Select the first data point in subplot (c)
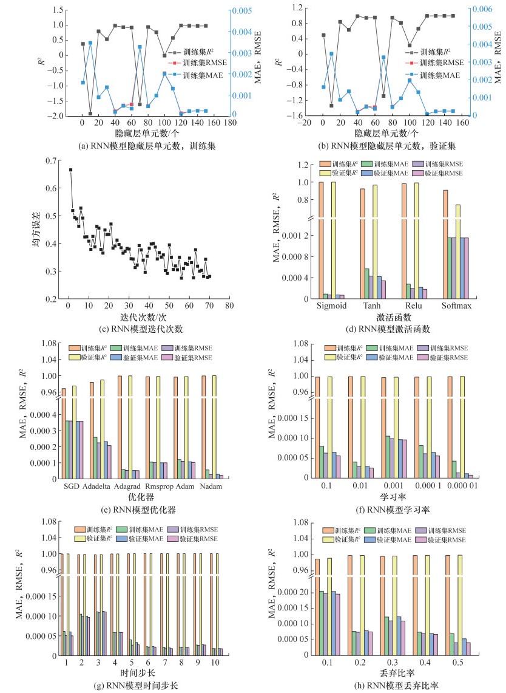coord(70,170)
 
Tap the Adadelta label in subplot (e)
coord(101,486)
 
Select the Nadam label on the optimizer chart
coord(208,486)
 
